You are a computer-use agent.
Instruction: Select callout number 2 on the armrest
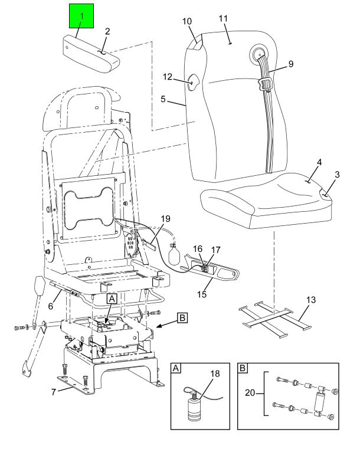pyautogui.click(x=107, y=31)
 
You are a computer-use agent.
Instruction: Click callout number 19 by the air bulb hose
pyautogui.click(x=165, y=218)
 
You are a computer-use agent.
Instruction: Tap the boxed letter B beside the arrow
pyautogui.click(x=183, y=317)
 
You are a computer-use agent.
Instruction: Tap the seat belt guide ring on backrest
pyautogui.click(x=260, y=57)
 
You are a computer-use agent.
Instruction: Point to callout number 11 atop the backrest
pyautogui.click(x=224, y=19)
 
